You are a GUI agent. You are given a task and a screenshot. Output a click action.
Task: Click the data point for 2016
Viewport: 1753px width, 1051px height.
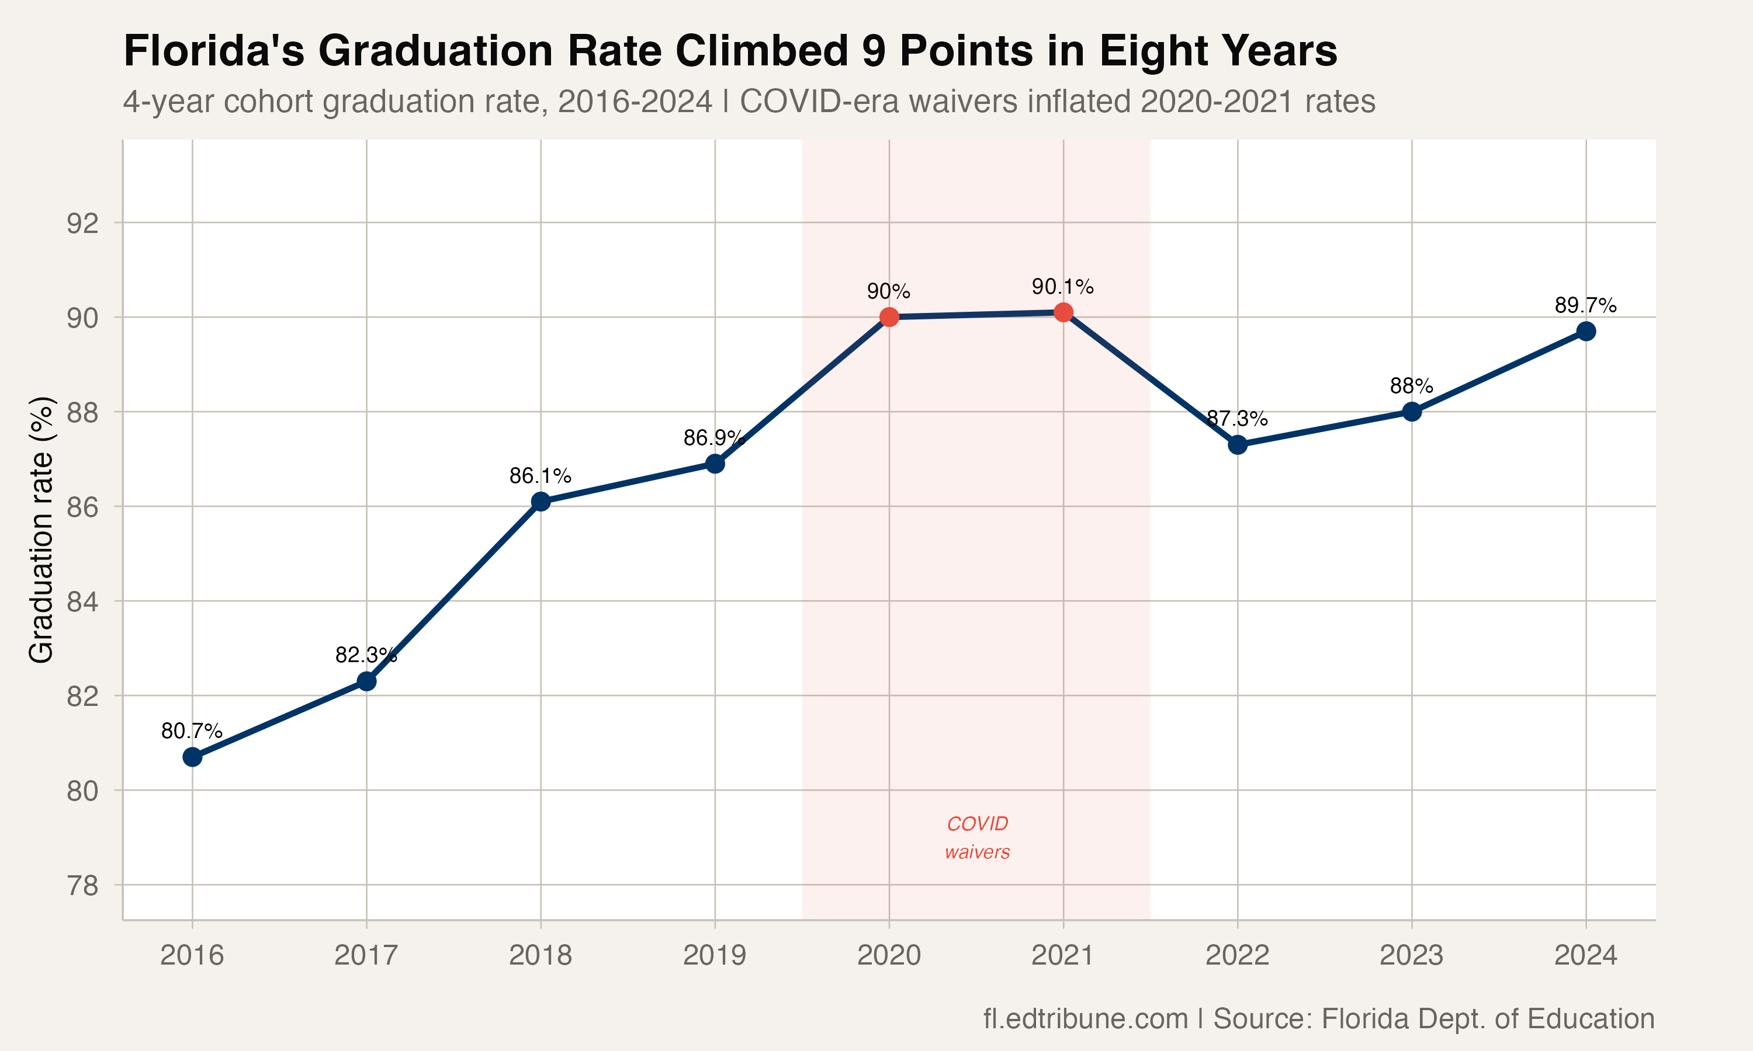click(192, 757)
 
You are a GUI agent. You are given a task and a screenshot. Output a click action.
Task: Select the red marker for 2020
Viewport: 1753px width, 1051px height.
click(889, 316)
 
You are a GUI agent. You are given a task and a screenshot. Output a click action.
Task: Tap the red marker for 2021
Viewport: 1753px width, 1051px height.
click(1063, 312)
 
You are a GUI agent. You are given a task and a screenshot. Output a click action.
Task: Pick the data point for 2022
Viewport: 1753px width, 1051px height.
click(1237, 445)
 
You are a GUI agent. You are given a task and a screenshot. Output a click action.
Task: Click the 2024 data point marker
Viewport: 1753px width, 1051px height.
click(1586, 332)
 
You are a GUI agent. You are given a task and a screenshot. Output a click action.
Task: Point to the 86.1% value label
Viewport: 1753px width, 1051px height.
click(540, 476)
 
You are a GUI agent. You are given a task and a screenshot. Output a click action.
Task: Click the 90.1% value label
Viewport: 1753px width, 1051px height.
click(1062, 287)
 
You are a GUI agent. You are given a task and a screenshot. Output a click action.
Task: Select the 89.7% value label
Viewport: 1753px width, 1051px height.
click(1585, 305)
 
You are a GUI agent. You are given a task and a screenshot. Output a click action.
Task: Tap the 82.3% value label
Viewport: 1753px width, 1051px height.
click(366, 655)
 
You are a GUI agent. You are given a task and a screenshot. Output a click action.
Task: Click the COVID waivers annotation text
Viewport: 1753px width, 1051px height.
click(977, 837)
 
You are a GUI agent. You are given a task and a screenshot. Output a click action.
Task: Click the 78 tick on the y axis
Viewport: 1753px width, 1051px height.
click(82, 885)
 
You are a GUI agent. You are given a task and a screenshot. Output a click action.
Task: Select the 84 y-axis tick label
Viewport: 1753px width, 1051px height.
click(82, 602)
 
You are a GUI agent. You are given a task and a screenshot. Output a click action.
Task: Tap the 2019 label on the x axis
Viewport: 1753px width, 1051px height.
click(714, 955)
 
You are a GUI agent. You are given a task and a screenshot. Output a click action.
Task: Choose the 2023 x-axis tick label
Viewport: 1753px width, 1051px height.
click(1411, 955)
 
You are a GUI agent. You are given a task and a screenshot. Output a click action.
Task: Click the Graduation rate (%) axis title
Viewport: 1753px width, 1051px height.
click(41, 530)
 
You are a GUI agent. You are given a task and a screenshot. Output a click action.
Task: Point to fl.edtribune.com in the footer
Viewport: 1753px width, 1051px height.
click(1085, 1018)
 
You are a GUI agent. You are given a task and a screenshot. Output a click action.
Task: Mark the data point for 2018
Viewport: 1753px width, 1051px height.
click(541, 502)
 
